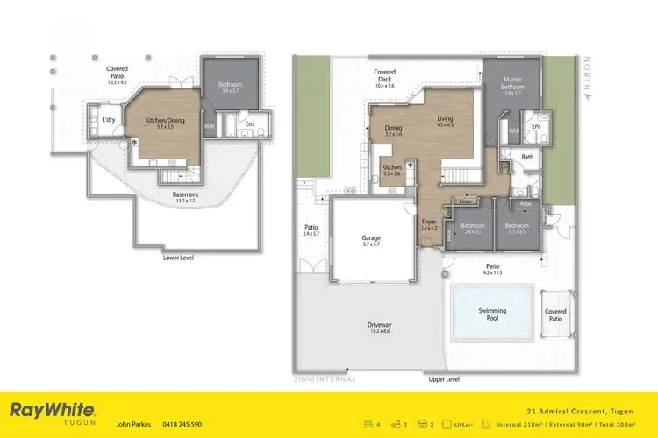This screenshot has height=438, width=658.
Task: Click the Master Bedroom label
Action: pos(512,84)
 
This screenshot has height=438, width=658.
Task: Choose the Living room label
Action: pos(446,120)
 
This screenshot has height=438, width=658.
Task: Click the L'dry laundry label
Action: pos(109,120)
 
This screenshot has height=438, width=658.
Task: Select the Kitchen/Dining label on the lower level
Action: pos(159,123)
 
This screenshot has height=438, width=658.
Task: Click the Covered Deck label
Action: pos(384,75)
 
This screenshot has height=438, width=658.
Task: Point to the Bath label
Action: pos(527,158)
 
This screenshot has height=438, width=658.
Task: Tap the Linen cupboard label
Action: pos(465,201)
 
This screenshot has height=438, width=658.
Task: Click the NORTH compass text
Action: pos(590,80)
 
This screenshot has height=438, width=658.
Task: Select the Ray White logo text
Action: pos(51,409)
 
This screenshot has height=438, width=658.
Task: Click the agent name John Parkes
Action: pos(134,424)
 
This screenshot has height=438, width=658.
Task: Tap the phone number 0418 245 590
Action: pos(182,424)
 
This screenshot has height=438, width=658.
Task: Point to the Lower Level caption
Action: pos(178,258)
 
